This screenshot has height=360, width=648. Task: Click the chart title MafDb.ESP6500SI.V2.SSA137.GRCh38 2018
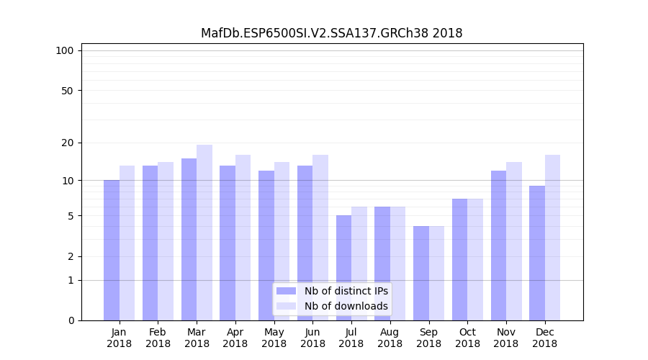pos(331,33)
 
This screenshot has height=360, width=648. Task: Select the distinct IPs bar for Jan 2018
pos(112,250)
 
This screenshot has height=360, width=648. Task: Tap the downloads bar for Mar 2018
pos(204,233)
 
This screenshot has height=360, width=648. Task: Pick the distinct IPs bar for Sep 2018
pos(421,273)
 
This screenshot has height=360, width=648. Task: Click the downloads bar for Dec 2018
pos(553,238)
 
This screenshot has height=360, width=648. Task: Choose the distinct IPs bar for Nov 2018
pos(498,246)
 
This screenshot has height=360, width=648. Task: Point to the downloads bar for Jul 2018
pos(359,264)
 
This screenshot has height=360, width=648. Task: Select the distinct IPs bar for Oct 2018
pos(460,259)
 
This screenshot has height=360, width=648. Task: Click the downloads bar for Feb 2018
pos(166,241)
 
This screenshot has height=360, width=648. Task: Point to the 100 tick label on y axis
pos(65,50)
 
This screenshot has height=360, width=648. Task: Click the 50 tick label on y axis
pos(67,91)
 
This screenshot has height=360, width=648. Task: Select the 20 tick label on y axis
pos(67,143)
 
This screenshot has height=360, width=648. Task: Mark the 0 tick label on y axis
pos(71,320)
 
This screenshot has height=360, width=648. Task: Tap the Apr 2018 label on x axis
pos(235,338)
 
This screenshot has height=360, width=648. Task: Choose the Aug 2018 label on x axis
pos(390,338)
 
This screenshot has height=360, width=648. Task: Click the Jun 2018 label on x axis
pos(312,338)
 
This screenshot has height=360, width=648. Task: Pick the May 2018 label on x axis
pos(274,338)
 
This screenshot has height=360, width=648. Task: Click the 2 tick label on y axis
pos(71,256)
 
